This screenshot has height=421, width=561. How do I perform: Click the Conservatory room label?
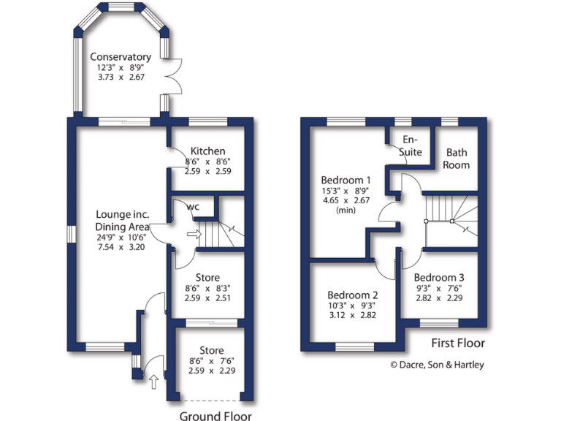(x=121, y=57)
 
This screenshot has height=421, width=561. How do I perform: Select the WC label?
(x=193, y=207)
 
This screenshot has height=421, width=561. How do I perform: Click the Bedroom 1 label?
(x=347, y=180)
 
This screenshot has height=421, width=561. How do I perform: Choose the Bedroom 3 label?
(x=439, y=278)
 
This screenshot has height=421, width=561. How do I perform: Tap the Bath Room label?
(x=457, y=159)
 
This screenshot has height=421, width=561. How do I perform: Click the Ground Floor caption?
(x=215, y=417)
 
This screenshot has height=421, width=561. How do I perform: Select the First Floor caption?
(x=457, y=343)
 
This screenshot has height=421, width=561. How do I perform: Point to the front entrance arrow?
(x=153, y=380)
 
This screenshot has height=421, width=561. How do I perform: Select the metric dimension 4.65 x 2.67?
(x=347, y=201)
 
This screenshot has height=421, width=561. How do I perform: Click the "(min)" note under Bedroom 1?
(x=347, y=210)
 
